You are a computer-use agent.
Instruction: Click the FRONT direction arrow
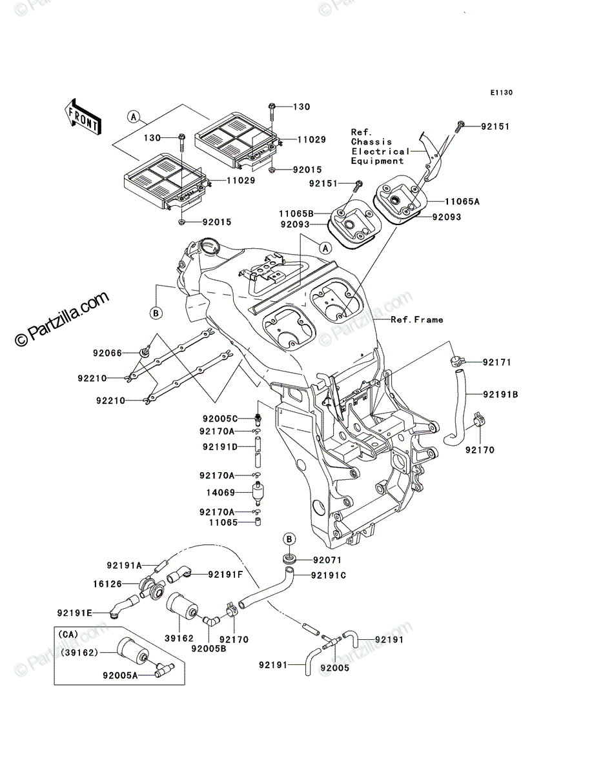pos(82,117)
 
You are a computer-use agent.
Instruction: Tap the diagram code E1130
pos(502,93)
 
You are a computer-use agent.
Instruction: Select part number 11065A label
pos(462,202)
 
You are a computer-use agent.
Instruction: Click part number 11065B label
pos(296,213)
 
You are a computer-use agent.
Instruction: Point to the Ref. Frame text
pos(417,320)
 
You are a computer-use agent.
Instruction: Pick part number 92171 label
pos(497,362)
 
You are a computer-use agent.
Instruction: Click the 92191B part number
pos(500,395)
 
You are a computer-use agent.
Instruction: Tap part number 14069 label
pos(221,493)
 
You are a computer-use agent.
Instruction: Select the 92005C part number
pos(220,419)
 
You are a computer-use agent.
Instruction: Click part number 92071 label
pos(327,560)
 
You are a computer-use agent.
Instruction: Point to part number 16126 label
pos(107,584)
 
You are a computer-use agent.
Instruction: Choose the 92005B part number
pos(209,648)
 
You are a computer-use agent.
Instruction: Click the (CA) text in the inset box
pos(68,635)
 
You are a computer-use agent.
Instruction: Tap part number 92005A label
pos(120,675)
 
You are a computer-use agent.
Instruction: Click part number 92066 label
pos(107,353)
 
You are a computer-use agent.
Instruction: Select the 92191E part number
pos(74,613)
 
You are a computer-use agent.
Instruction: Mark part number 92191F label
pos(225,575)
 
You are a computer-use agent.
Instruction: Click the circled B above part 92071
pos(289,539)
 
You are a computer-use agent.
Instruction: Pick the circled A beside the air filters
pos(134,117)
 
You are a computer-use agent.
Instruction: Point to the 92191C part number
pos(329,575)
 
